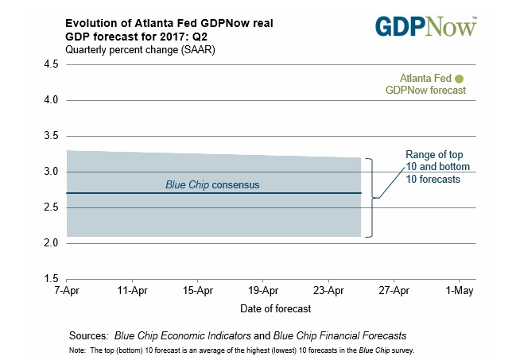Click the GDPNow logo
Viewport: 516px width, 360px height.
(429, 25)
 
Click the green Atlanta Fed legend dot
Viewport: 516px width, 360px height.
(459, 78)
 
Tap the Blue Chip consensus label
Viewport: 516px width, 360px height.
(212, 184)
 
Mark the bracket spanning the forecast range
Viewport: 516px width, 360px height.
(371, 197)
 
